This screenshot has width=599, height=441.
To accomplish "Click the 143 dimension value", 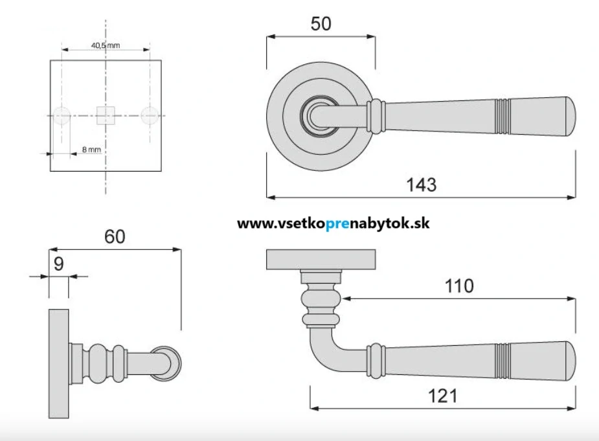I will pos(422,185).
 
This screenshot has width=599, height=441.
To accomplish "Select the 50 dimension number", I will pos(321,24).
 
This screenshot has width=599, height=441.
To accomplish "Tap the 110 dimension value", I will pos(459,286).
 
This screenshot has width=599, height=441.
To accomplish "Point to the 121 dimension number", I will pos(443,396).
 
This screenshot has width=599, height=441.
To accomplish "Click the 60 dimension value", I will pos(115,236).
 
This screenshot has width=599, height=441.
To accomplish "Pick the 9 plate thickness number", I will pos(59,264).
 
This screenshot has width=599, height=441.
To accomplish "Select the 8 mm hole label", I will pos(91,150).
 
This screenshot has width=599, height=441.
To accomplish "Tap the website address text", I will pos(333,223).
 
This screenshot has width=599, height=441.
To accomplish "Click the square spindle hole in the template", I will pos(105,115).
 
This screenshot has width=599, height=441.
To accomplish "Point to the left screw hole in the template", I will pos(62,115).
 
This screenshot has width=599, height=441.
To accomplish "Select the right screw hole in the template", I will pos(150,115).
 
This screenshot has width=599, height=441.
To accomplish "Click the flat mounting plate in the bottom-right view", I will pos(321,259).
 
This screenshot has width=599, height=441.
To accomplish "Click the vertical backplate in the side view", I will pos(58,364).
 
